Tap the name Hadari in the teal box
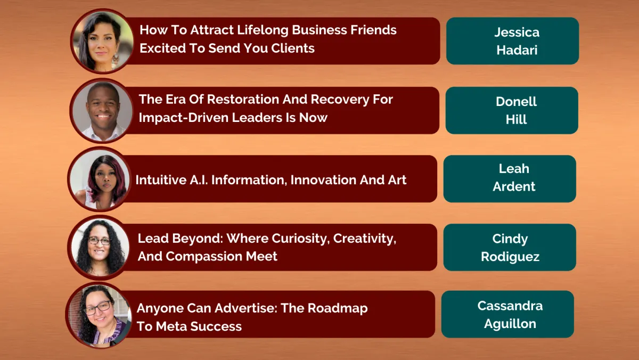click(517, 50)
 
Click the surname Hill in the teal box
click(516, 119)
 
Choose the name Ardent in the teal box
click(514, 186)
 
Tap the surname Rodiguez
click(510, 257)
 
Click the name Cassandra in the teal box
click(510, 306)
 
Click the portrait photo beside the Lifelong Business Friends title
click(102, 42)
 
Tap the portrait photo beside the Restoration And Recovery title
click(102, 111)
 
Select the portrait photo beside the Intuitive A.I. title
click(100, 179)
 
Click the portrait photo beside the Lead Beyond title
click(99, 247)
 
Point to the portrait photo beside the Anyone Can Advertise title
click(99, 315)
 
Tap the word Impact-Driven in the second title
click(185, 118)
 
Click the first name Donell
click(516, 102)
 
